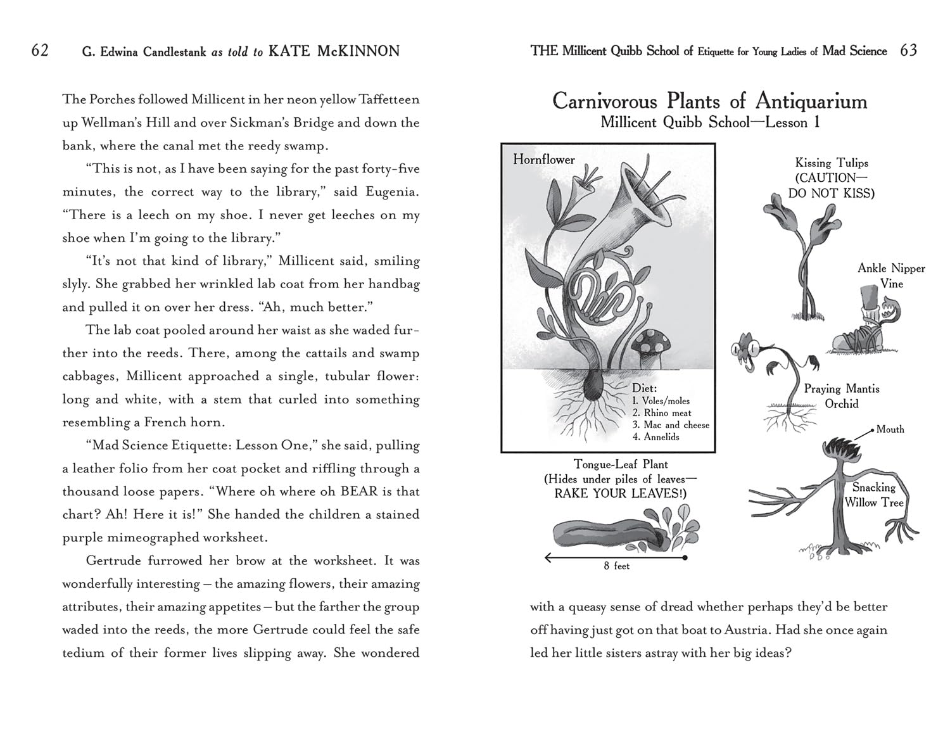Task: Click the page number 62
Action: pyautogui.click(x=40, y=51)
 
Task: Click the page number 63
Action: pyautogui.click(x=908, y=51)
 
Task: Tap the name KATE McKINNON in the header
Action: pyautogui.click(x=334, y=51)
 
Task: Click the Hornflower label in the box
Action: pyautogui.click(x=543, y=160)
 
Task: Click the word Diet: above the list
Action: pyautogui.click(x=644, y=388)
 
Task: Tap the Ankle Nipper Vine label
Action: pyautogui.click(x=891, y=276)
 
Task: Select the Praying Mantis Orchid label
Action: pyautogui.click(x=841, y=396)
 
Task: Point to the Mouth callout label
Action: pyautogui.click(x=890, y=429)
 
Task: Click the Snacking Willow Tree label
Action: pyautogui.click(x=873, y=495)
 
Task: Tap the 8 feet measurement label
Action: pyautogui.click(x=616, y=566)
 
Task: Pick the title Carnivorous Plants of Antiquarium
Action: pyautogui.click(x=709, y=101)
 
